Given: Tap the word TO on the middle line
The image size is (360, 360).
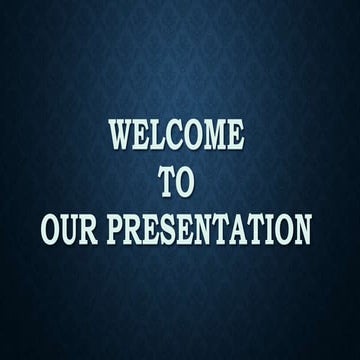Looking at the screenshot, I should point(180,182).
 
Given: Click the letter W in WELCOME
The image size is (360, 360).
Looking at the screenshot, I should point(120,135).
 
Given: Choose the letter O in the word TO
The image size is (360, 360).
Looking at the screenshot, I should point(191,182).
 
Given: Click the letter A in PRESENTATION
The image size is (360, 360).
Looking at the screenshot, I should point(236,230).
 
